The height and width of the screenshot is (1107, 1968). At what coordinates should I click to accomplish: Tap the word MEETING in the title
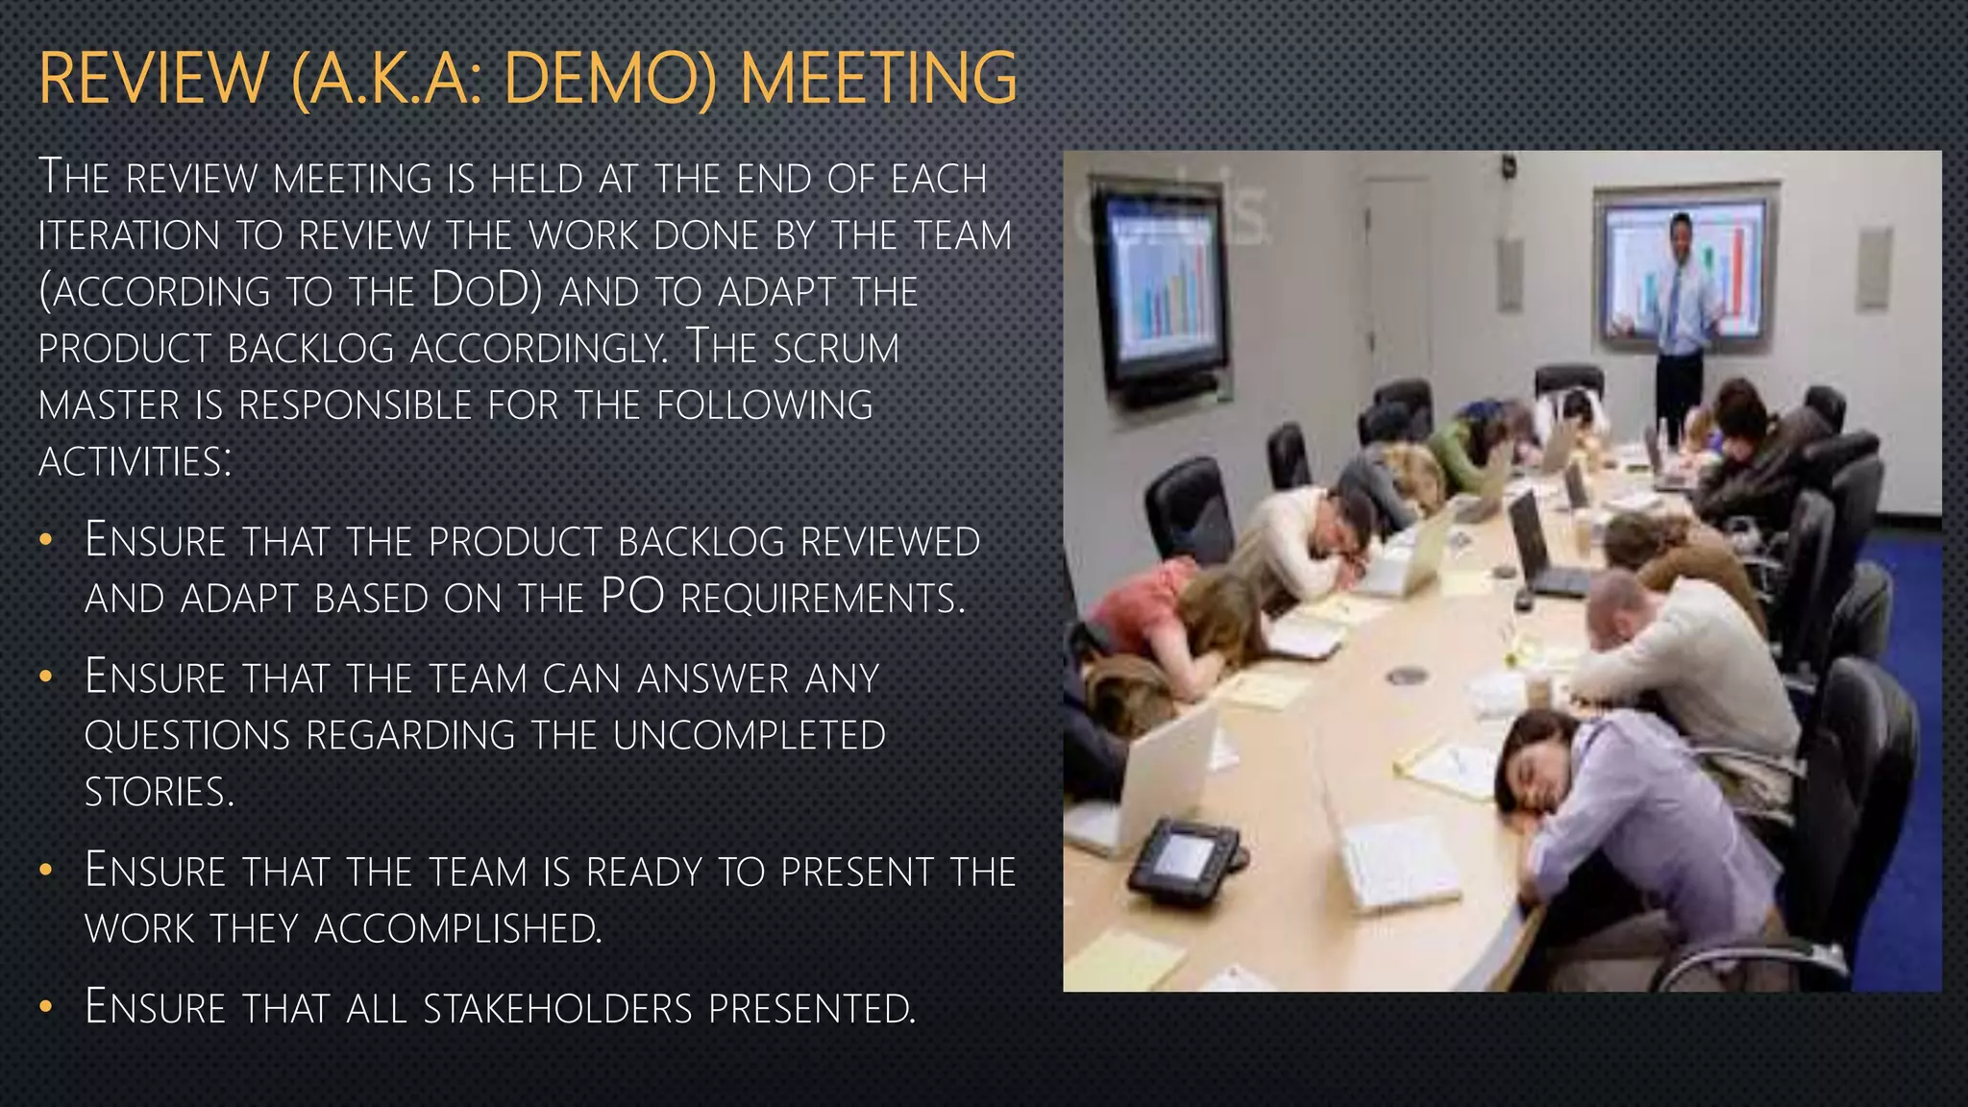pos(878,79)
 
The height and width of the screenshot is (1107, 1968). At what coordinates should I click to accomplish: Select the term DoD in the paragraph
pos(487,290)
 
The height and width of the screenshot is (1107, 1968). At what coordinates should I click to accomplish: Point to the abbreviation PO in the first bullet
pos(632,597)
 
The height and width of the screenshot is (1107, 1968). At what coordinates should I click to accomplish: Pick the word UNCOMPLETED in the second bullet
pos(749,736)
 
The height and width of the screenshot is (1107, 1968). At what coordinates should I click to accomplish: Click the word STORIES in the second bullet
pos(160,793)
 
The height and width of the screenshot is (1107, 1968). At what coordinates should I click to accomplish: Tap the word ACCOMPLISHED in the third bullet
pos(457,929)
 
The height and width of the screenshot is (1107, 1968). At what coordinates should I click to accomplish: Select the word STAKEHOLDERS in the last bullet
pos(557,1008)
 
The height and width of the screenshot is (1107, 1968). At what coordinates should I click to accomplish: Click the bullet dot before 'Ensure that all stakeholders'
pos(45,1007)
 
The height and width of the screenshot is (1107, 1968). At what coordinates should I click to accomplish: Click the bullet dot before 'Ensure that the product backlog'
pos(45,540)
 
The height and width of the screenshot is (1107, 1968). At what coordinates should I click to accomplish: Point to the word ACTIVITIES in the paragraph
pos(135,462)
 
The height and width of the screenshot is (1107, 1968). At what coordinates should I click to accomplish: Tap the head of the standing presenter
pos(1681,232)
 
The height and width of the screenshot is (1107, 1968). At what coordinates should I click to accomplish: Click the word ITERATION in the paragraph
pos(129,235)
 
